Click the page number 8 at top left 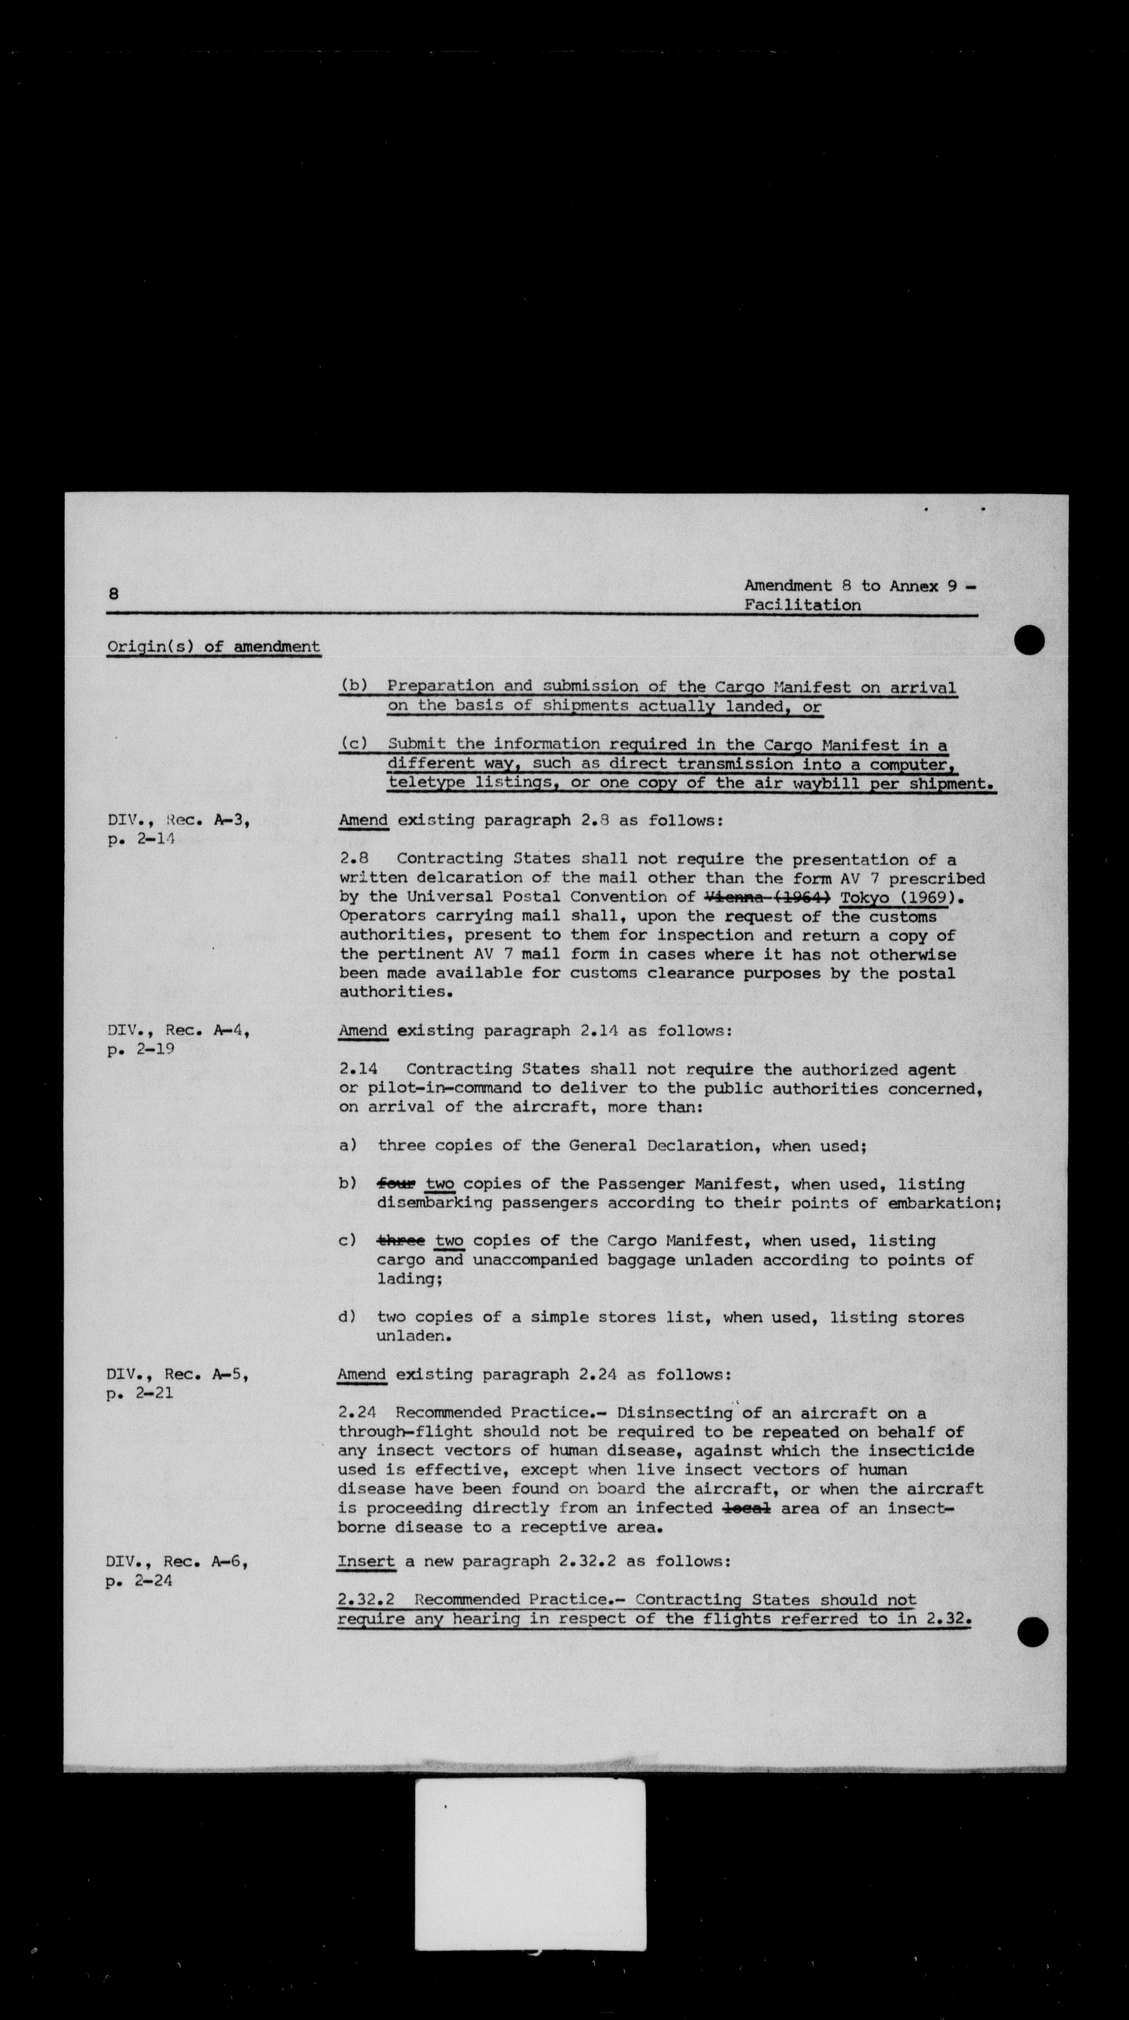(x=114, y=594)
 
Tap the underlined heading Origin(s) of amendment (x=213, y=647)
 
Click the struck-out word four (x=396, y=1183)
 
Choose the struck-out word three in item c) (x=401, y=1241)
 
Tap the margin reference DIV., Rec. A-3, (x=179, y=820)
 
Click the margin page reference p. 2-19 (x=140, y=1049)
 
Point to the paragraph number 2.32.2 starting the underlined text (x=366, y=1600)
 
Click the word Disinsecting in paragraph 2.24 (x=674, y=1413)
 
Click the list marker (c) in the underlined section (x=354, y=743)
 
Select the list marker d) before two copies (x=347, y=1316)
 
